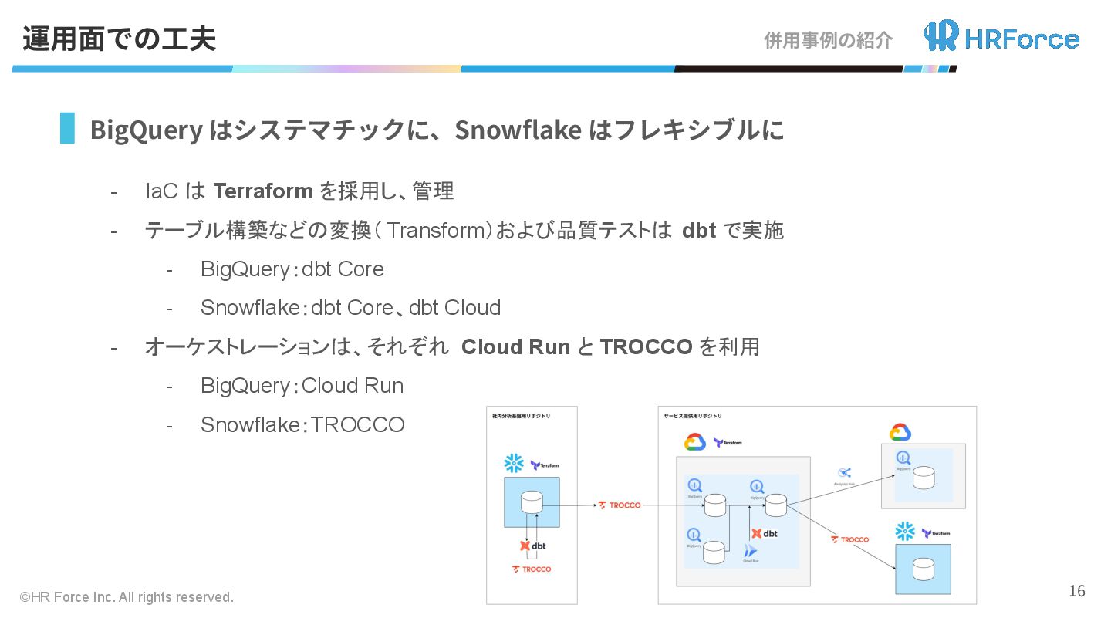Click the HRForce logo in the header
(x=1001, y=36)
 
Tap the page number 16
(x=1077, y=591)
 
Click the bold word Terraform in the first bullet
(x=262, y=191)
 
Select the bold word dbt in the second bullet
(x=699, y=230)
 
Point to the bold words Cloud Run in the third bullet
(x=515, y=347)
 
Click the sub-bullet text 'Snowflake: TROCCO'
(x=302, y=424)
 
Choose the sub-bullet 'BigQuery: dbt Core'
(x=292, y=269)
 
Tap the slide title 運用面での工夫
(x=119, y=39)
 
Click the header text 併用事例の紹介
(x=828, y=40)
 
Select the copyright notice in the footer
(x=127, y=597)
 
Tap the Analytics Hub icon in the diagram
(x=845, y=472)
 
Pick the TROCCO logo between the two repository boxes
(x=620, y=505)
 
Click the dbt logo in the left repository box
(x=532, y=546)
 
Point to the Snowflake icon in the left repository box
(x=514, y=463)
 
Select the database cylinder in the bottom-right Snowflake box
(x=923, y=569)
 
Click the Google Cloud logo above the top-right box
(x=900, y=432)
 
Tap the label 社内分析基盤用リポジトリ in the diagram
(x=522, y=416)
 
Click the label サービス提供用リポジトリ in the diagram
(x=693, y=416)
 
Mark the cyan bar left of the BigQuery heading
(x=67, y=128)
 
